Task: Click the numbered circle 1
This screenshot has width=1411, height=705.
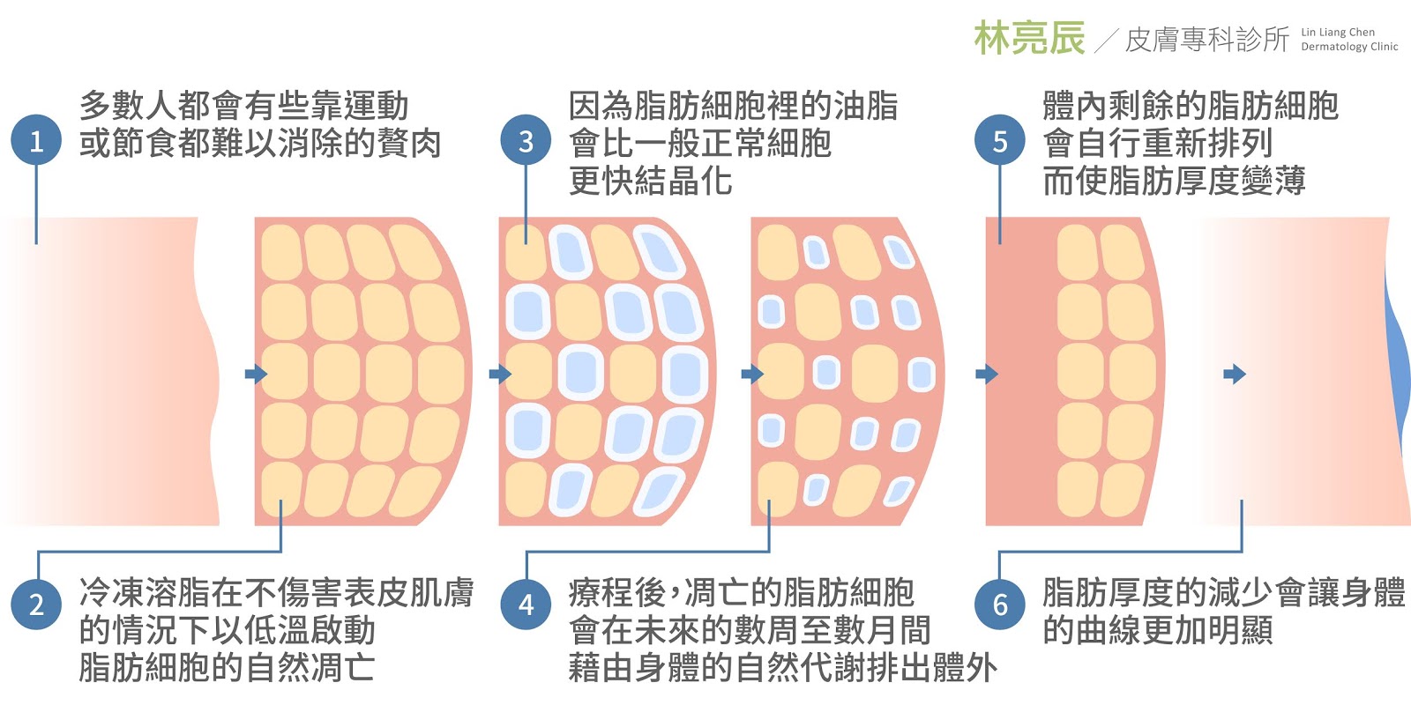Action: [x=36, y=141]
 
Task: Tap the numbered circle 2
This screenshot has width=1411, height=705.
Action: [x=36, y=605]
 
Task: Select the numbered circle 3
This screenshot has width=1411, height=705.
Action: [x=526, y=141]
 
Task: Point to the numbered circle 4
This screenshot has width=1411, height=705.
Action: [x=526, y=605]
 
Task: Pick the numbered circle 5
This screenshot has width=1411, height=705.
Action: [x=999, y=141]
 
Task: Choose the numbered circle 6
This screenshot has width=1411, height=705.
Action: [x=999, y=605]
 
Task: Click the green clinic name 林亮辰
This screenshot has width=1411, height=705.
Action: [x=1029, y=39]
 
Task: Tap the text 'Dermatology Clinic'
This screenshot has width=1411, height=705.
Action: [x=1349, y=47]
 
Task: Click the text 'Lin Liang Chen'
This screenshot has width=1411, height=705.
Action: [x=1338, y=32]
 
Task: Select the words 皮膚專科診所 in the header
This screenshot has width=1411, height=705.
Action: [x=1206, y=40]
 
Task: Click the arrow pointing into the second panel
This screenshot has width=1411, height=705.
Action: [x=256, y=375]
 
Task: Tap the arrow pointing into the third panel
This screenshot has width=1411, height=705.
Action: [x=500, y=375]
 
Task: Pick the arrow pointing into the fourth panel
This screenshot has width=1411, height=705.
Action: [x=752, y=375]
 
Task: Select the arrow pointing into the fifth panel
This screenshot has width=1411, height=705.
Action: [x=987, y=375]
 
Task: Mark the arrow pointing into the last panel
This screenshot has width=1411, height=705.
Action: [x=1235, y=375]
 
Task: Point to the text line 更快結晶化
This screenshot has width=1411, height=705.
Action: [x=650, y=181]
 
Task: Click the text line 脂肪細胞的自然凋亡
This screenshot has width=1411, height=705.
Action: [x=227, y=667]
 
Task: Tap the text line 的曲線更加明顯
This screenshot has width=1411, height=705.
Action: [x=1157, y=630]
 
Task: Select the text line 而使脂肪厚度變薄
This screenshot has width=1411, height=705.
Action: [x=1173, y=181]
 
